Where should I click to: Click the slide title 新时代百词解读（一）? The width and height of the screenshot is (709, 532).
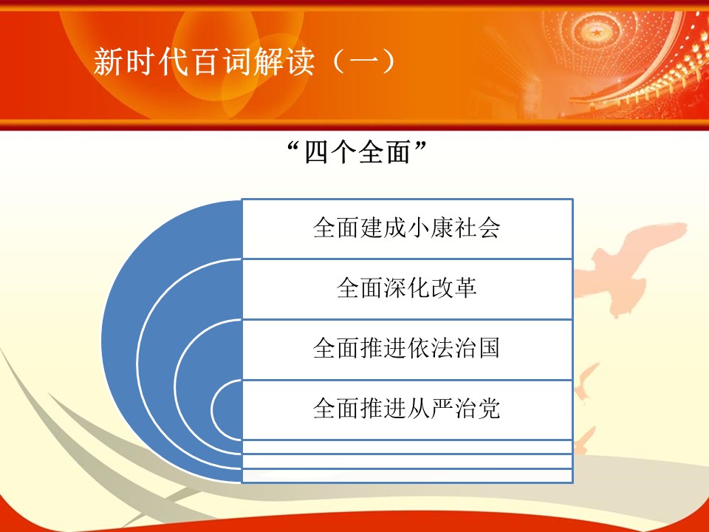244,61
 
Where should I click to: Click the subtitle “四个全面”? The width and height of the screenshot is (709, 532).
357,152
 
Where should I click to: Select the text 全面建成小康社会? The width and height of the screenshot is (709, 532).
406,228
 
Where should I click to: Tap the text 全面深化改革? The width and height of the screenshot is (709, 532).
406,287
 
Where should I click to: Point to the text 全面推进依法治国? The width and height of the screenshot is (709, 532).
406,348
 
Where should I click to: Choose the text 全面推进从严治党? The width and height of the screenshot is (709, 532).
406,409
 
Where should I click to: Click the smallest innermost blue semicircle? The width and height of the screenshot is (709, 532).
227,409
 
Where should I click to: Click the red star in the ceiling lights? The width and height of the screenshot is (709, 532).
597,32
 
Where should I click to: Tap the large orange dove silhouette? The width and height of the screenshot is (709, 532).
628,267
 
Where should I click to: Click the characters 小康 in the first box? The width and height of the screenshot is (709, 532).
430,228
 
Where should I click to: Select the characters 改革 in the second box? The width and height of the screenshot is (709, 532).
453,287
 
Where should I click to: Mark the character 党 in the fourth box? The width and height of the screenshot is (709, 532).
489,409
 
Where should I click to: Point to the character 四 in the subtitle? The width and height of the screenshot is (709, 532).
317,152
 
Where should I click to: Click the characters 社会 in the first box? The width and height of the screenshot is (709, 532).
477,228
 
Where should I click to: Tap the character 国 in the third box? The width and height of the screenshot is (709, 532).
489,348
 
